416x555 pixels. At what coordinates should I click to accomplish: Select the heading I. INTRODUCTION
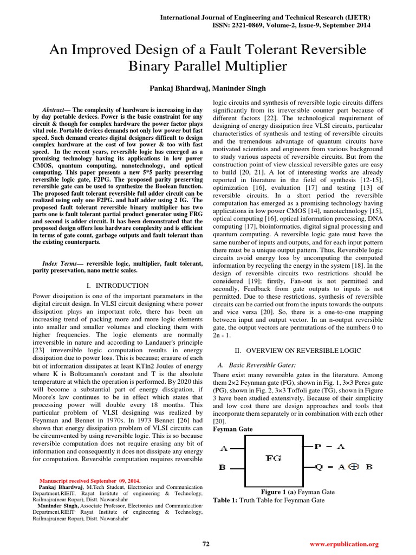(x=118, y=286)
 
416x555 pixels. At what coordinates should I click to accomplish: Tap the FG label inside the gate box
(x=274, y=458)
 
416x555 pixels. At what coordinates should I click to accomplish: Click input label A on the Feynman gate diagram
(x=224, y=448)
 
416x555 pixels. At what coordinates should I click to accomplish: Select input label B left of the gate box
(x=223, y=467)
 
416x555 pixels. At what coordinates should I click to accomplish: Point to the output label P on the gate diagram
(x=318, y=447)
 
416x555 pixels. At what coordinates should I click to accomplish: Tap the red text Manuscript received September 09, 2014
(x=90, y=481)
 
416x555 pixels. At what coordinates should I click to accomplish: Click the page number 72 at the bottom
(x=206, y=544)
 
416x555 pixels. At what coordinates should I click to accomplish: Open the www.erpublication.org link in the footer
(x=344, y=544)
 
